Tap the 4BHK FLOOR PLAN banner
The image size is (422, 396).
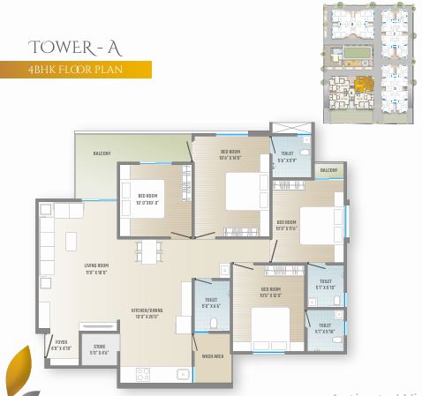tap(75, 69)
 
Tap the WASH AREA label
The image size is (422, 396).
tap(213, 356)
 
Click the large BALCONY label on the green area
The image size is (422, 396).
tap(102, 153)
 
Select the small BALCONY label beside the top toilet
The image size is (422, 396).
tap(328, 170)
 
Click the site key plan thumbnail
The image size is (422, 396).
tap(367, 64)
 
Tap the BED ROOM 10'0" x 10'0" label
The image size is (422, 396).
tap(147, 198)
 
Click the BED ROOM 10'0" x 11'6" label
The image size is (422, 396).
tap(287, 225)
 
